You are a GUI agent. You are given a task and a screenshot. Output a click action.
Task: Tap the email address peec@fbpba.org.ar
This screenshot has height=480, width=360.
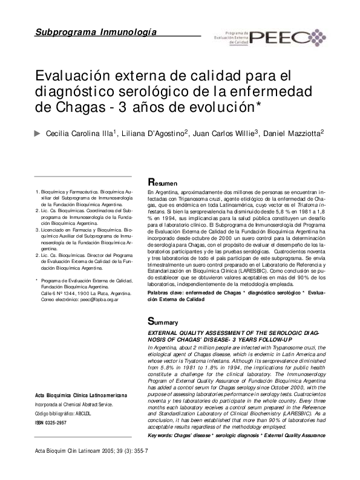(97, 299)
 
